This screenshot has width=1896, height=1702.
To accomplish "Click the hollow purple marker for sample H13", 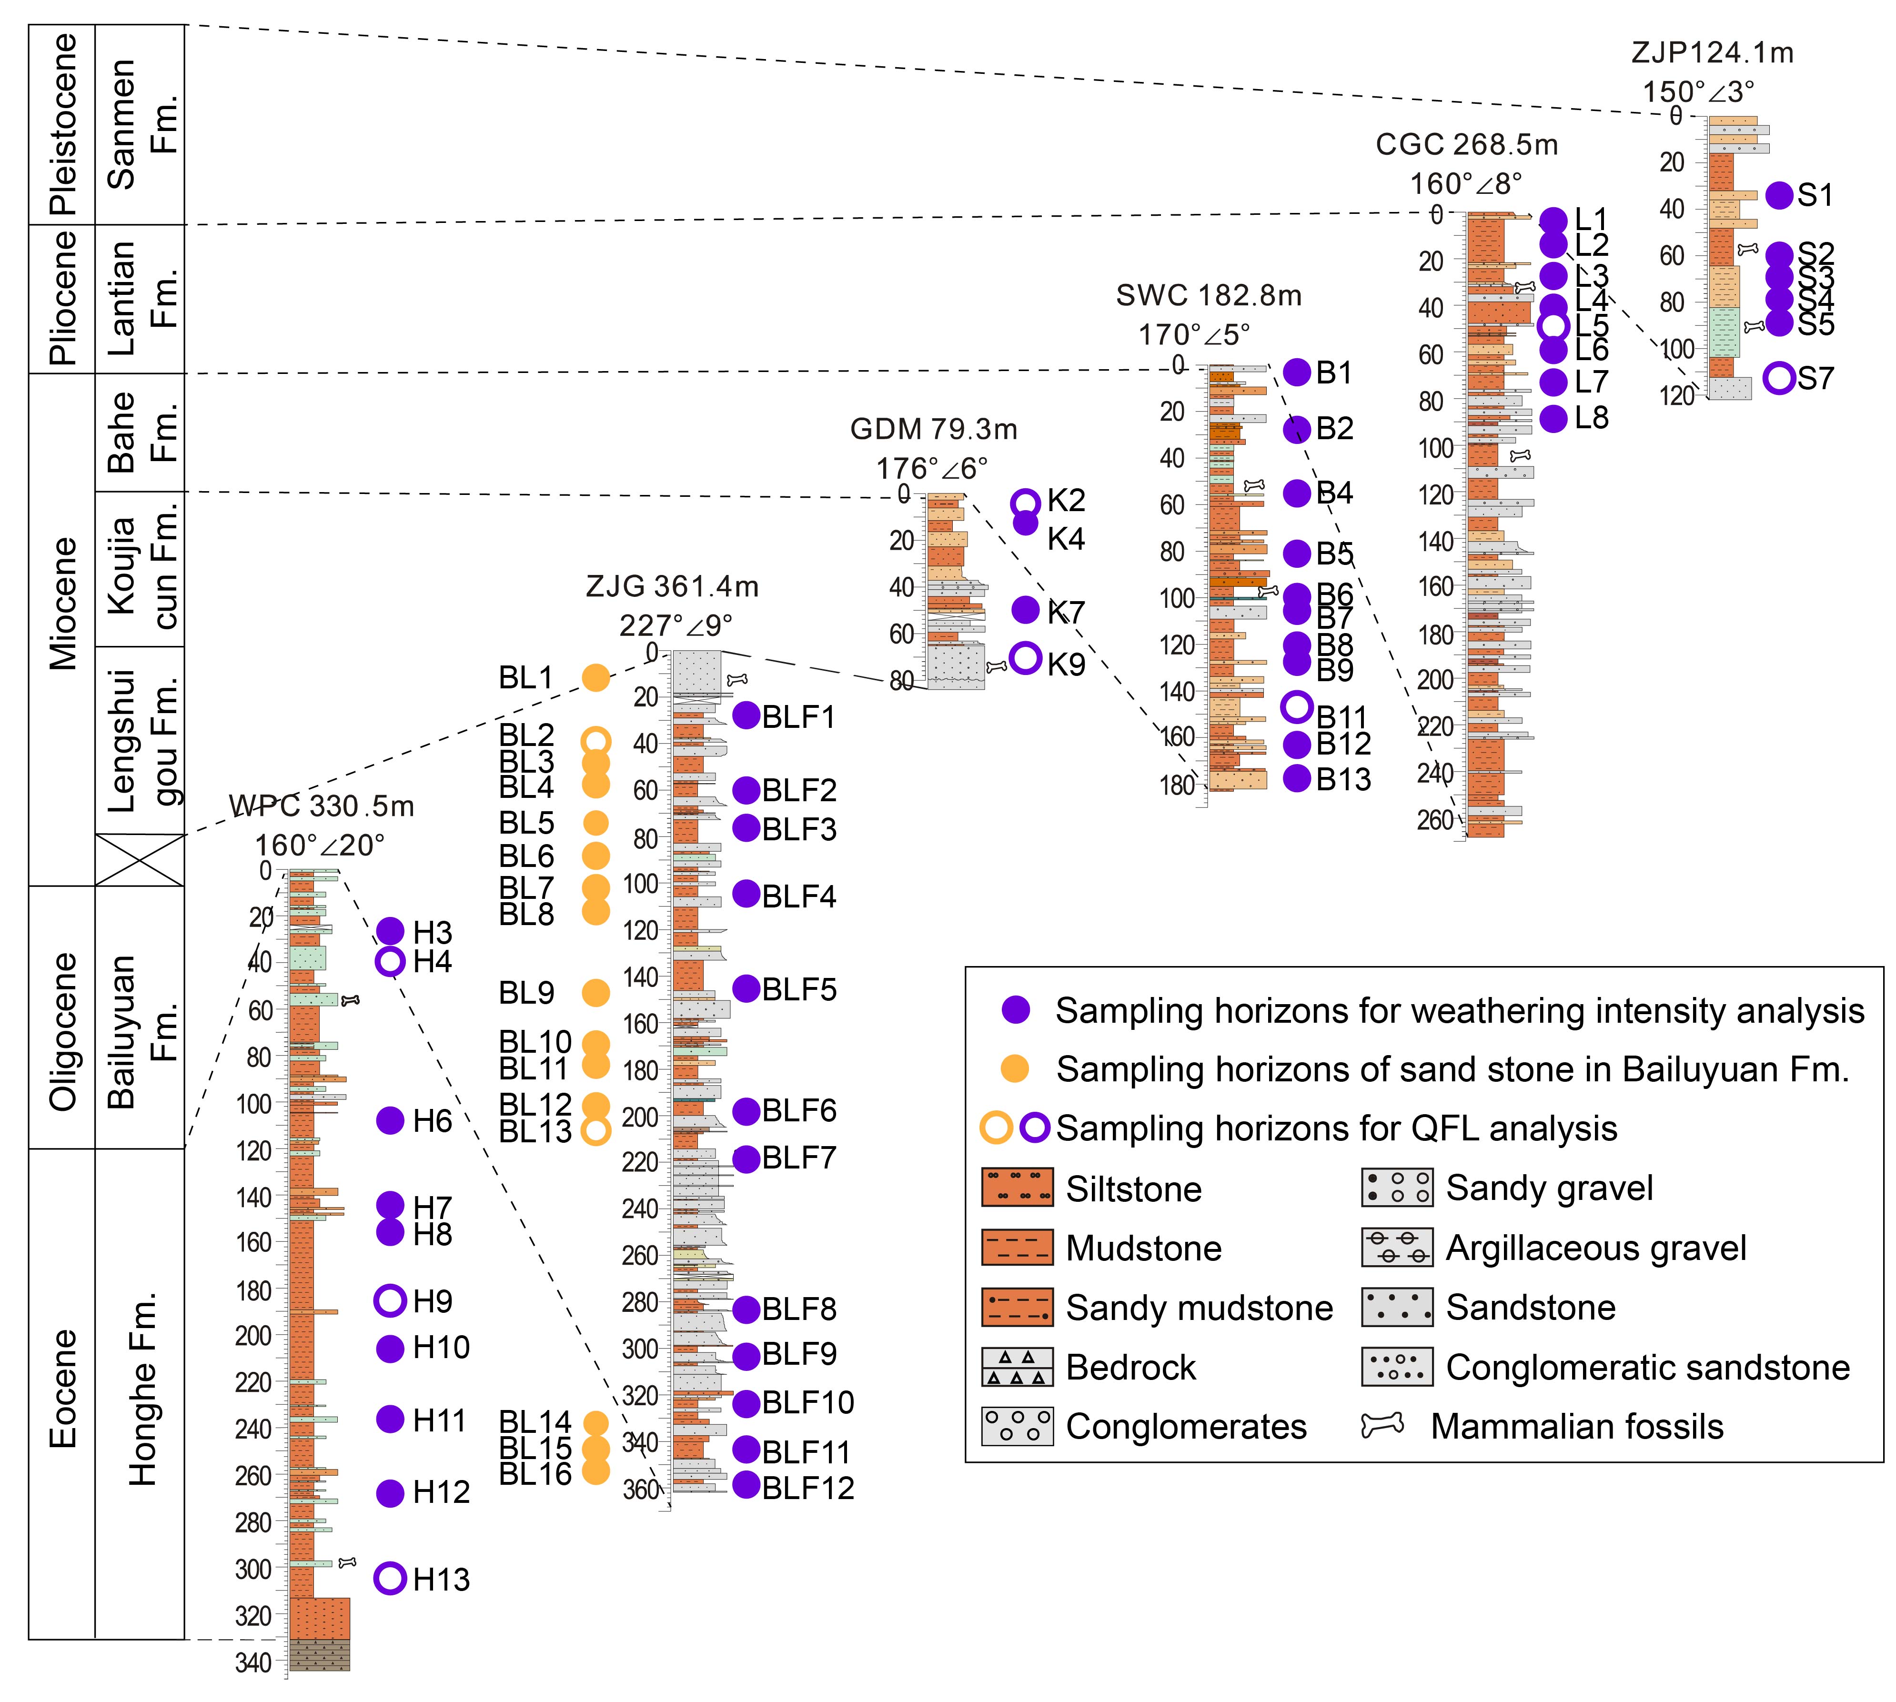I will [x=390, y=1579].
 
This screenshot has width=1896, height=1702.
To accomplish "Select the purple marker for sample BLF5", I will [x=746, y=987].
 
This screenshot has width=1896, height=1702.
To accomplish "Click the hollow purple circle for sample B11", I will [x=1296, y=707].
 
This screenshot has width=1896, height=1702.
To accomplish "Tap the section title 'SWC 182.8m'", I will [x=1209, y=295].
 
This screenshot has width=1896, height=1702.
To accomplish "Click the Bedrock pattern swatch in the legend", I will [x=1018, y=1367].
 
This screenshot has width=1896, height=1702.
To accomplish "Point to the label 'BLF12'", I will [x=808, y=1487].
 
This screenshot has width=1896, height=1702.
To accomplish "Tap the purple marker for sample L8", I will [x=1553, y=418].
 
